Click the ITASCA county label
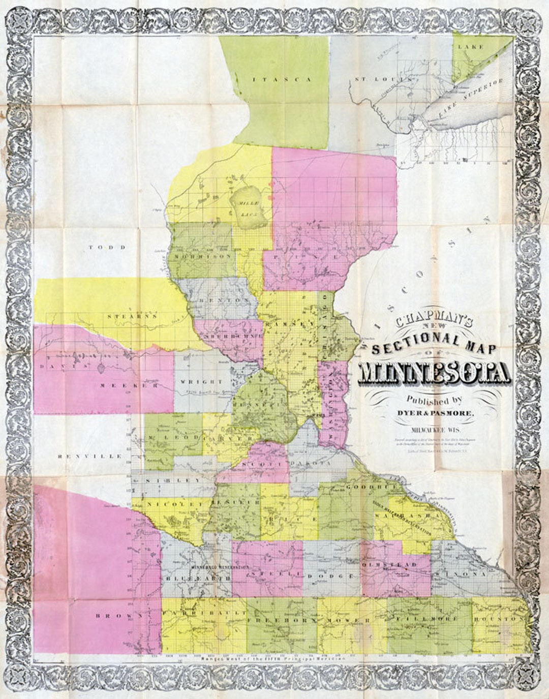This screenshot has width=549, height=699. pos(282,79)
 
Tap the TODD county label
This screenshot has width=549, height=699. pos(107,247)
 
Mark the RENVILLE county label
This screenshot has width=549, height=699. pos(90,456)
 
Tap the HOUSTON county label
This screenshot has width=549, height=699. pos(498,619)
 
